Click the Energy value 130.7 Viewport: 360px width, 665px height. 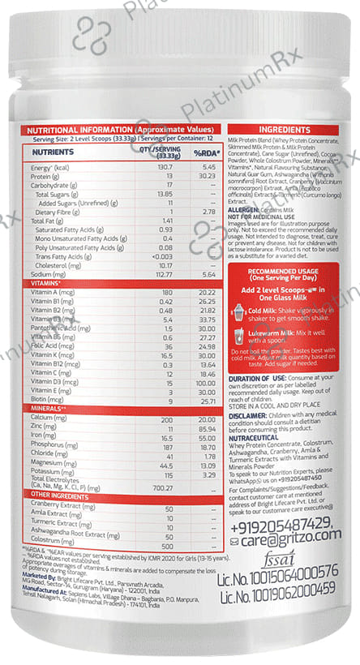click(166, 166)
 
